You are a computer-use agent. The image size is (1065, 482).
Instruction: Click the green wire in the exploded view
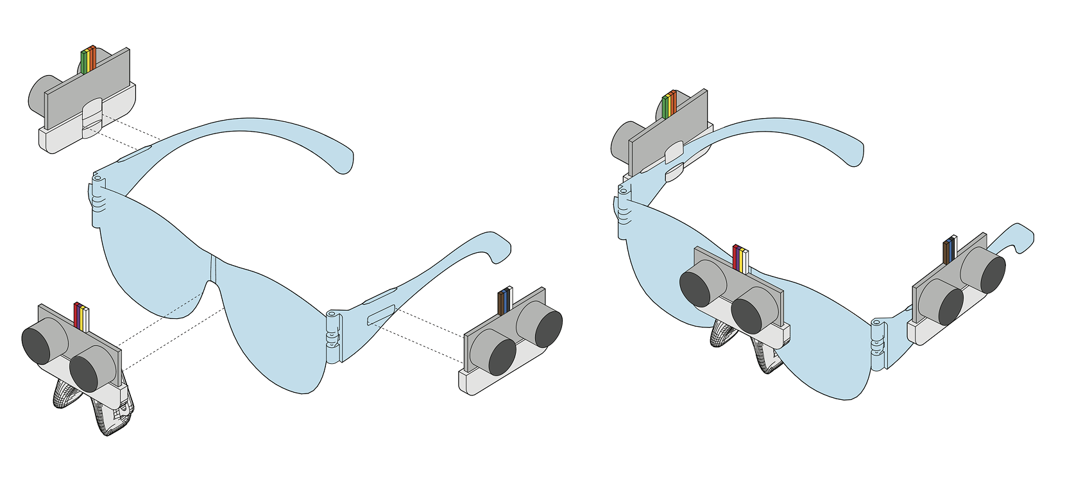tap(83, 61)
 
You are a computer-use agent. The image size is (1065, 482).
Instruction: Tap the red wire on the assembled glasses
tap(735, 257)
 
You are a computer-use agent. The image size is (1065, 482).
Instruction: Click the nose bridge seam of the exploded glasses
tap(214, 270)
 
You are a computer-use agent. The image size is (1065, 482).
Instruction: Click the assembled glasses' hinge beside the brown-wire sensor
tap(877, 343)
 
